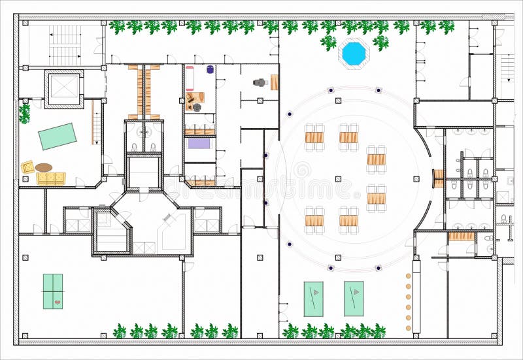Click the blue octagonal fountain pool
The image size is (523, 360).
click(x=354, y=54)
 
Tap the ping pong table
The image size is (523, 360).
click(x=53, y=291)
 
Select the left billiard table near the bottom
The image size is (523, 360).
click(x=313, y=299)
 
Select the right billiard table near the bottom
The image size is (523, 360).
click(x=354, y=299)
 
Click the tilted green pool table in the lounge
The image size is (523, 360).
click(x=57, y=137)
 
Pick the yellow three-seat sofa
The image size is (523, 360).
click(x=51, y=178)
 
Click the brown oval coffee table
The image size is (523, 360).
click(x=44, y=168)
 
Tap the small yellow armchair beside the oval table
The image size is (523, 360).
click(x=28, y=167)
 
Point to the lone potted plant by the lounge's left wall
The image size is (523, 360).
click(x=24, y=114)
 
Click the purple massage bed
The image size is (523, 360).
click(x=199, y=143)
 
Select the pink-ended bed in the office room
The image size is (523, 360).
click(x=190, y=78)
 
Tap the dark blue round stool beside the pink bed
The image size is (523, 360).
click(x=210, y=69)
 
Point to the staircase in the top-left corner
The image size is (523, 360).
click(x=65, y=44)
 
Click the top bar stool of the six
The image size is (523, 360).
click(x=409, y=276)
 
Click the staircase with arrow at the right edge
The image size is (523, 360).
click(x=507, y=68)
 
